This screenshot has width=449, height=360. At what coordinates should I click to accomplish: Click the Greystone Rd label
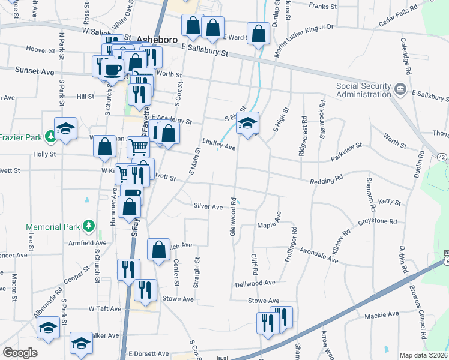pos(378,221)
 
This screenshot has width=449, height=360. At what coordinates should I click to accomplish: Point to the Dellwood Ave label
pos(255,283)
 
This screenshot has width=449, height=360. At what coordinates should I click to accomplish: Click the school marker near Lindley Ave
pos(247,124)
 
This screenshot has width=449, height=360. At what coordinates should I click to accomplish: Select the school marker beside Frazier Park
pos(65,128)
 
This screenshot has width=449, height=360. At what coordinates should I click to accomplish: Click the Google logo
pos(20,353)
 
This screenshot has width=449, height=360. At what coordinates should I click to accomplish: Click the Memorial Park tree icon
pos(89,226)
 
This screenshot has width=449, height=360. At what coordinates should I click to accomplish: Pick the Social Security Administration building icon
pos(400,90)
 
